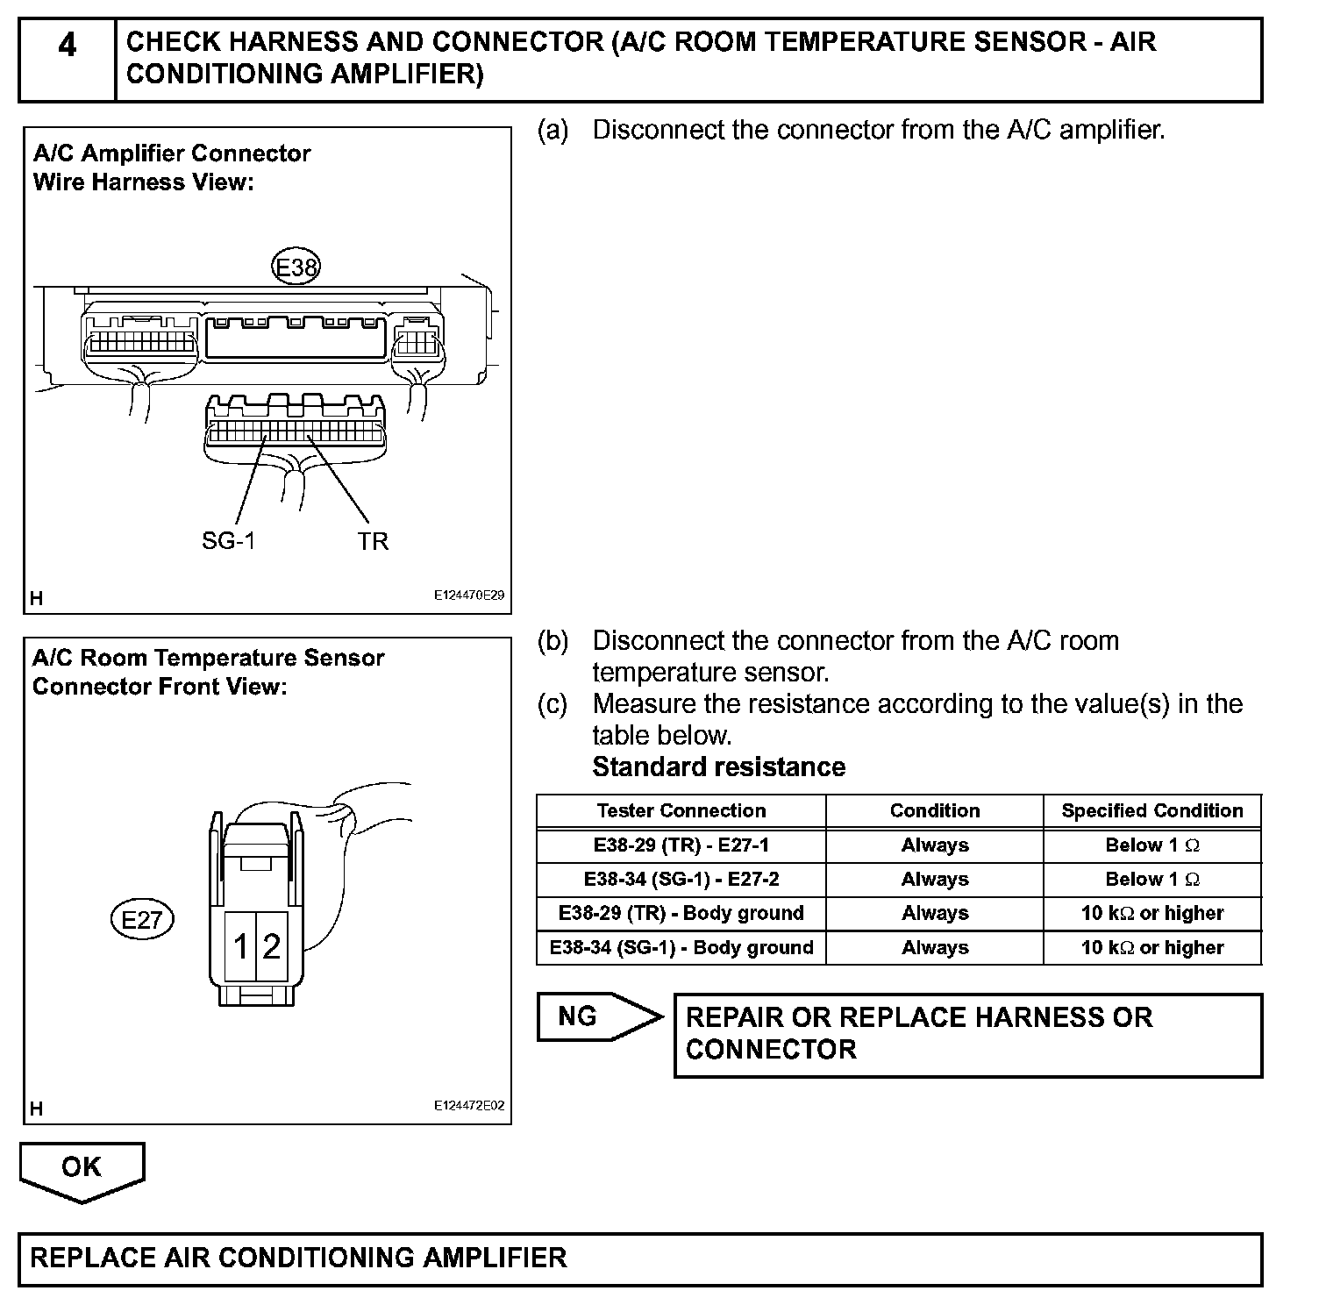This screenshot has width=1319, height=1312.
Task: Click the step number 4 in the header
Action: click(67, 44)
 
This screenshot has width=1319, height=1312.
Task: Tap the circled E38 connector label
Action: click(296, 267)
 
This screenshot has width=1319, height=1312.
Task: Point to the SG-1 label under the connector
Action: click(228, 541)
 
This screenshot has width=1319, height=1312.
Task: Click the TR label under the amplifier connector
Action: click(373, 541)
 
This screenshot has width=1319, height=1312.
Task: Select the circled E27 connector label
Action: click(142, 920)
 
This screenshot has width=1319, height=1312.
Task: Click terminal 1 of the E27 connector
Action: click(240, 946)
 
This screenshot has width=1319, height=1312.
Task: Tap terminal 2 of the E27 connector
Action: click(272, 946)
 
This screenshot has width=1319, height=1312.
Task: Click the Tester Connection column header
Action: click(681, 810)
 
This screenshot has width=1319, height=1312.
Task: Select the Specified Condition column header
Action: click(1151, 810)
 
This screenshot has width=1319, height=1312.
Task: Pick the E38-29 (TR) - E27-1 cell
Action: click(681, 845)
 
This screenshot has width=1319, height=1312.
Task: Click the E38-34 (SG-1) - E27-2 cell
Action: click(681, 879)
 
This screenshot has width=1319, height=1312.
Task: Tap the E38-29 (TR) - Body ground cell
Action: click(681, 913)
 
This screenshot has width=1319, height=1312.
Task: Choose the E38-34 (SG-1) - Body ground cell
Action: click(681, 947)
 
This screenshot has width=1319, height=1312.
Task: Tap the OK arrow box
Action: click(82, 1169)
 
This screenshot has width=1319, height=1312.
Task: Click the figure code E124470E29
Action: click(469, 595)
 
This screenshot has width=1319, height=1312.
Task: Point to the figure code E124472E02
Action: click(469, 1106)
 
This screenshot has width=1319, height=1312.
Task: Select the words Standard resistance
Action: click(718, 767)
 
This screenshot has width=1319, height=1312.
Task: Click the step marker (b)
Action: click(553, 641)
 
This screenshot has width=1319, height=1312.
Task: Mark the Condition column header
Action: click(934, 810)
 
